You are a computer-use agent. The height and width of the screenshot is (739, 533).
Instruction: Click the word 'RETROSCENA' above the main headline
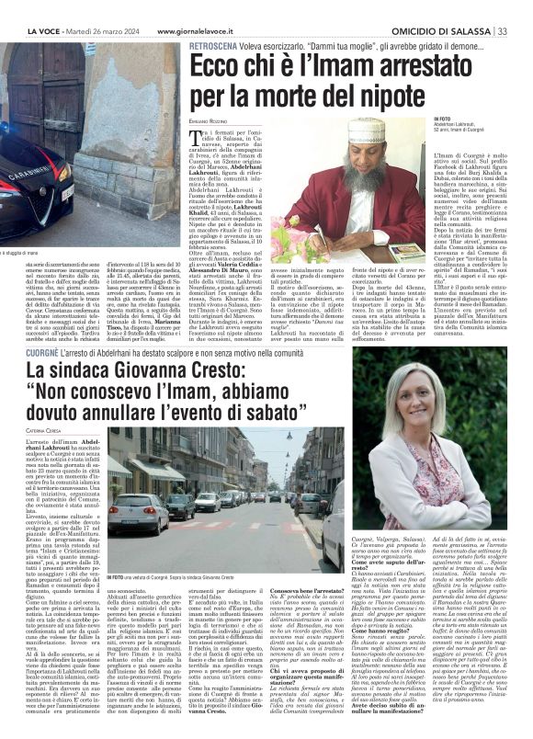point(217,44)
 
